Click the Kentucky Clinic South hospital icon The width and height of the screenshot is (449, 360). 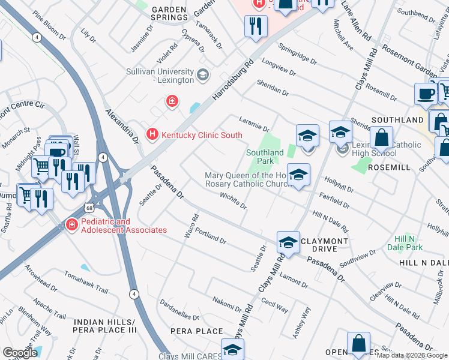[153, 133]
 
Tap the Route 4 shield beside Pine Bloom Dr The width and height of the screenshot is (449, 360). [37, 37]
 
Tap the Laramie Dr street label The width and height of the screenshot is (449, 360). [254, 123]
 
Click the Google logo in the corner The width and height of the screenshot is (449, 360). [20, 353]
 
